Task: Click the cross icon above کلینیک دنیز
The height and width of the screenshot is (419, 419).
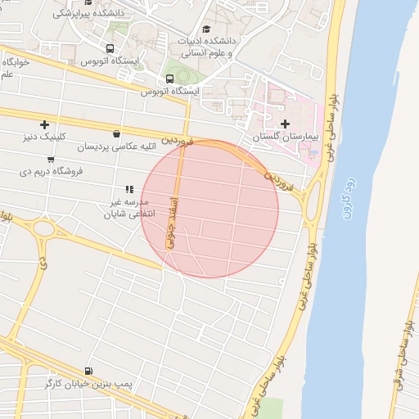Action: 44,124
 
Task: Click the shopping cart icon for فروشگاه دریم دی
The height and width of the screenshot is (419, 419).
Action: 51,160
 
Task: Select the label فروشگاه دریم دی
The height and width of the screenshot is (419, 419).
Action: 48,173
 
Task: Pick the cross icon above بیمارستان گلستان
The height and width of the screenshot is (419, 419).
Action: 285,124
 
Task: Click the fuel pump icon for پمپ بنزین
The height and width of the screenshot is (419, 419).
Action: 88,371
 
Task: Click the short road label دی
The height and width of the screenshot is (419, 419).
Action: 43,262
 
